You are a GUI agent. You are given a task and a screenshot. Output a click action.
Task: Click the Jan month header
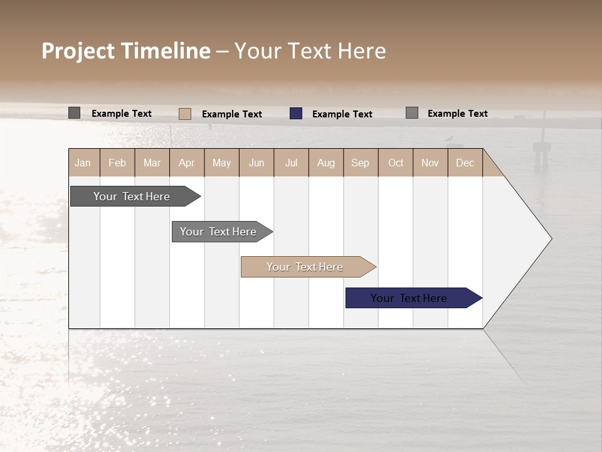(x=83, y=163)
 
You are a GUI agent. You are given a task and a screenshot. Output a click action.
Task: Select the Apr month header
(x=187, y=163)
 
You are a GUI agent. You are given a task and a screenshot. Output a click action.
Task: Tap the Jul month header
(x=292, y=163)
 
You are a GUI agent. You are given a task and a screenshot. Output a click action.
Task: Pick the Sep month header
(x=361, y=163)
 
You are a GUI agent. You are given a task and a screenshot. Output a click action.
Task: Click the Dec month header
(x=465, y=163)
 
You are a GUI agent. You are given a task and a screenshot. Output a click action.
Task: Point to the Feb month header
(x=117, y=163)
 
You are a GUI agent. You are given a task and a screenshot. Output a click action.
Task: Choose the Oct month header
(x=396, y=163)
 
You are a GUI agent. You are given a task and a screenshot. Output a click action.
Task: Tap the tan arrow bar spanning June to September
(x=305, y=267)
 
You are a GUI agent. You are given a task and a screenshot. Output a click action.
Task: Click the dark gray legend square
(x=74, y=113)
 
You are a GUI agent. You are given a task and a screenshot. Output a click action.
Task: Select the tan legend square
(x=184, y=114)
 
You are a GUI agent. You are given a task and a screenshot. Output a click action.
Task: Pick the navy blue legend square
(x=296, y=114)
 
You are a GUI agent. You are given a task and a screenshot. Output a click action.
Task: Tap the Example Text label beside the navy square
(x=342, y=114)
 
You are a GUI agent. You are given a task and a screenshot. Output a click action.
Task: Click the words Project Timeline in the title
(x=126, y=51)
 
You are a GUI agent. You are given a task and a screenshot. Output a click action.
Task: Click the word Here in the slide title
(x=362, y=51)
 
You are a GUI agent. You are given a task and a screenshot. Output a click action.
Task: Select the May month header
(x=221, y=163)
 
